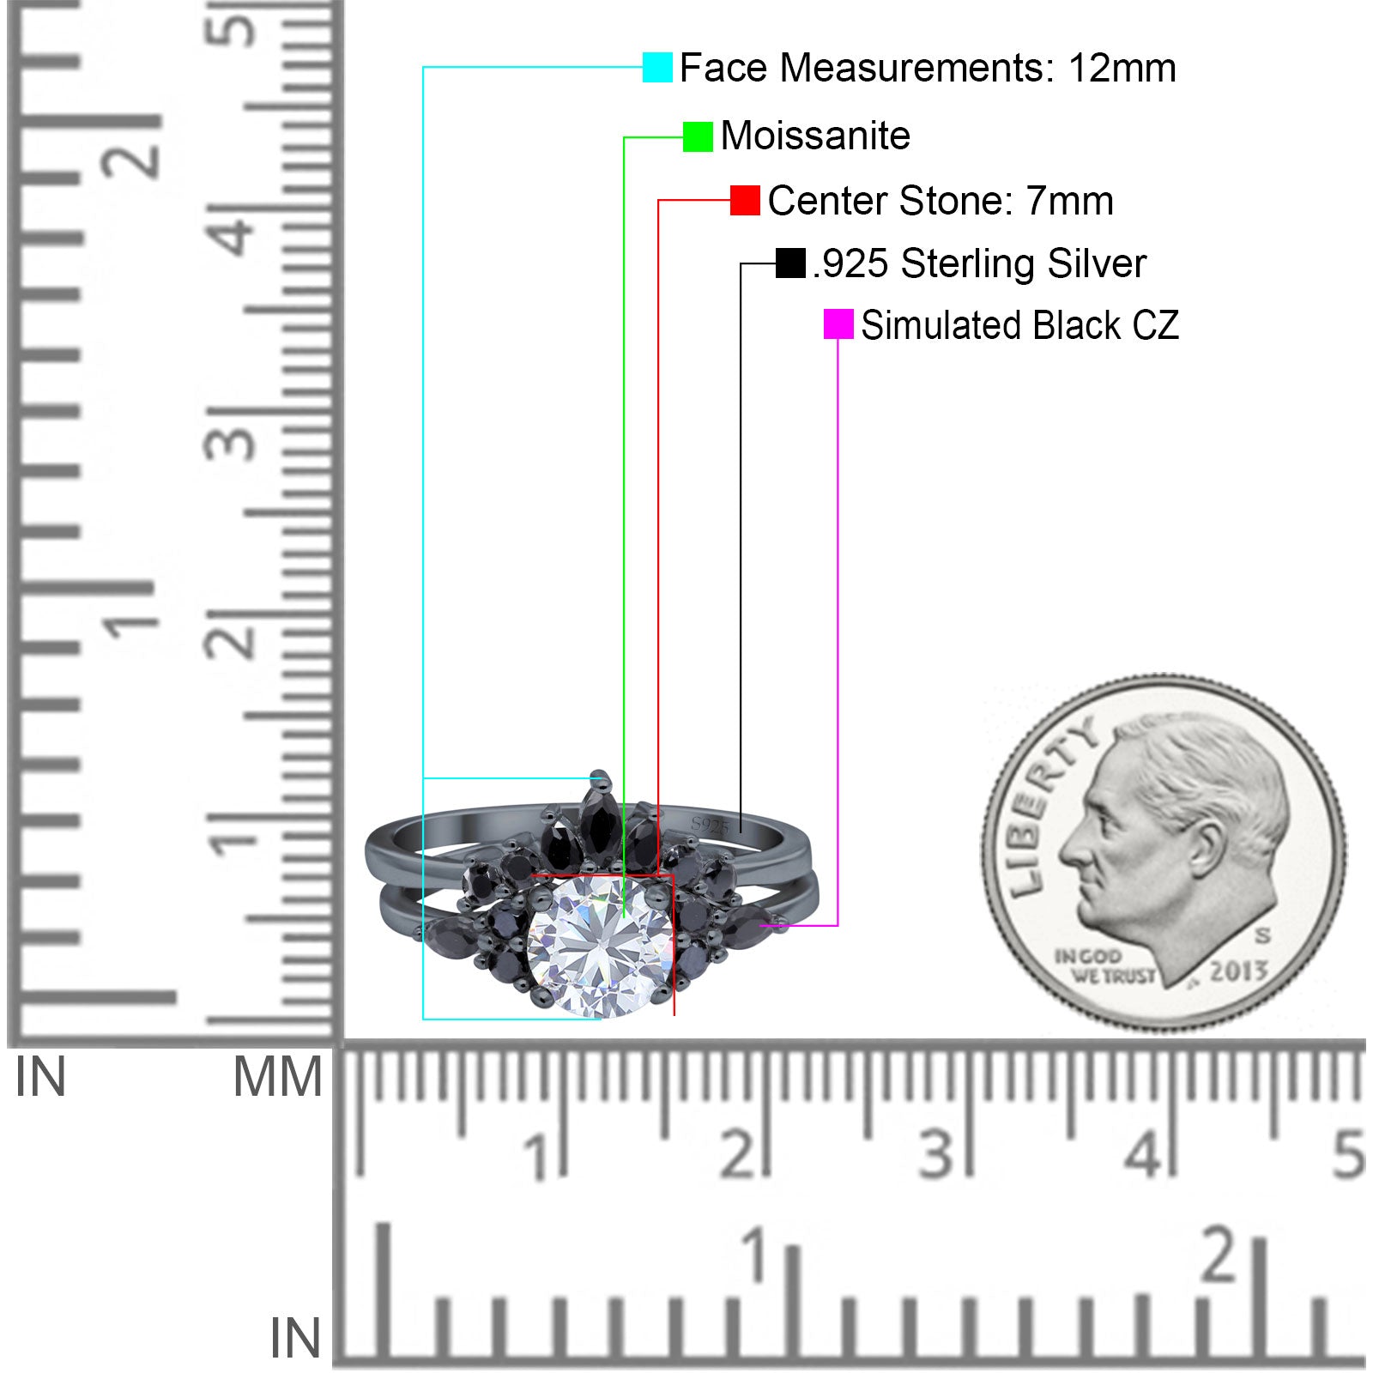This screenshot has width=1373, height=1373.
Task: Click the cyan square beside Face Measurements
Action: pyautogui.click(x=657, y=67)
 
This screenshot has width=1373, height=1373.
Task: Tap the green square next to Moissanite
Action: pyautogui.click(x=698, y=136)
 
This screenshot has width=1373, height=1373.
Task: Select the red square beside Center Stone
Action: pyautogui.click(x=745, y=201)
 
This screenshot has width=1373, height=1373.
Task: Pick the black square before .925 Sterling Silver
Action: pyautogui.click(x=790, y=263)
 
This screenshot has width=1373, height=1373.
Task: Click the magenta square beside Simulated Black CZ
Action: pyautogui.click(x=838, y=324)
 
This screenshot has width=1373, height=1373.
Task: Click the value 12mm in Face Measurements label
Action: pyautogui.click(x=1122, y=68)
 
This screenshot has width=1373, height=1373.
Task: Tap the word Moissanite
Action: pyautogui.click(x=815, y=136)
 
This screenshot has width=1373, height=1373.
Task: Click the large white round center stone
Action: pyautogui.click(x=599, y=946)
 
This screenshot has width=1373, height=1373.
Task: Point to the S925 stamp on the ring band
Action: pyautogui.click(x=710, y=826)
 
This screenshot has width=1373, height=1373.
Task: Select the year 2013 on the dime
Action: pyautogui.click(x=1238, y=971)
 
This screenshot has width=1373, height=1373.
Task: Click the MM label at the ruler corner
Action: pyautogui.click(x=277, y=1078)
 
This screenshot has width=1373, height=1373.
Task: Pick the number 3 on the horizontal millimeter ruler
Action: pyautogui.click(x=935, y=1154)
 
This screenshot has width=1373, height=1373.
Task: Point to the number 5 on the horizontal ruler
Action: pyautogui.click(x=1348, y=1154)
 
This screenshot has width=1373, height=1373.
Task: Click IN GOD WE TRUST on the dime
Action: pyautogui.click(x=1105, y=966)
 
